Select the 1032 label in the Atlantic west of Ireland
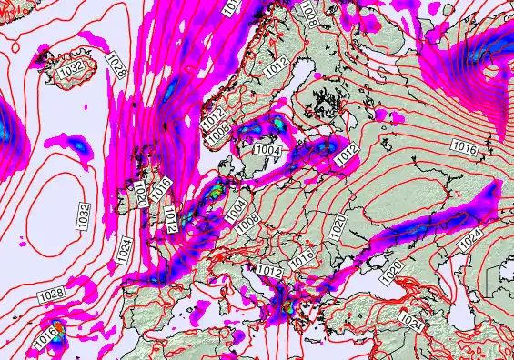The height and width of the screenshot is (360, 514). click(x=84, y=215)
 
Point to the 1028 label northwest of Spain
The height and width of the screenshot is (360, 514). click(x=51, y=295)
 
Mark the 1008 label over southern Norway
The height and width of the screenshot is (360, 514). click(x=218, y=134)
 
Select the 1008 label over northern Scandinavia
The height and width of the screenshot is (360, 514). click(x=311, y=14)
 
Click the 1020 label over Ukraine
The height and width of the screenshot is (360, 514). click(x=338, y=226)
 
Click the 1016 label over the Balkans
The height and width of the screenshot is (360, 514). click(x=302, y=261)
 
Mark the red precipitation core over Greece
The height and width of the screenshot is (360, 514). click(x=287, y=305)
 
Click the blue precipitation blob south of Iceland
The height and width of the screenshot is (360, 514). click(x=80, y=144)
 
